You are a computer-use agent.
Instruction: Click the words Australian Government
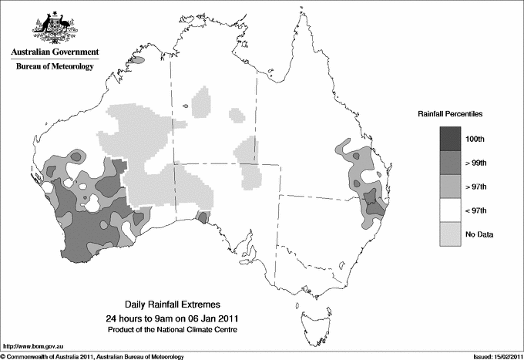pyautogui.click(x=55, y=52)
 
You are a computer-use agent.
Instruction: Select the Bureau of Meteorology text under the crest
pyautogui.click(x=55, y=66)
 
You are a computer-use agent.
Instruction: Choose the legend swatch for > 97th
pyautogui.click(x=450, y=186)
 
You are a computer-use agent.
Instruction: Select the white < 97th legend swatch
pyautogui.click(x=450, y=210)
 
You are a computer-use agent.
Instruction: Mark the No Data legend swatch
pyautogui.click(x=450, y=234)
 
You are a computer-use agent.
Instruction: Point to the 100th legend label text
pyautogui.click(x=485, y=139)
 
